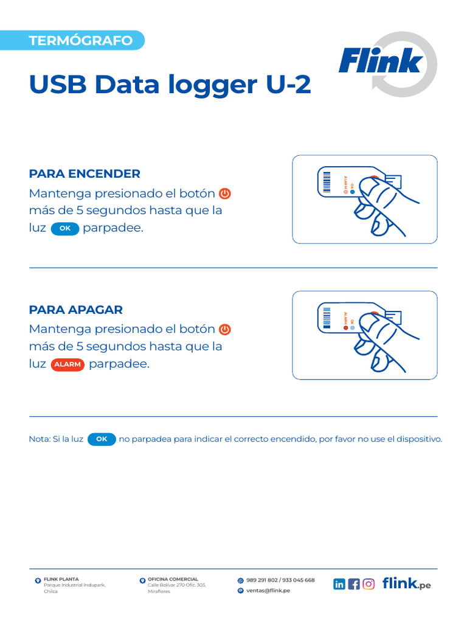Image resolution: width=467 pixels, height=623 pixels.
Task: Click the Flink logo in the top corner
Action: point(388,64)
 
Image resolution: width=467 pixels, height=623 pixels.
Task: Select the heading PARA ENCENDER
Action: point(85,173)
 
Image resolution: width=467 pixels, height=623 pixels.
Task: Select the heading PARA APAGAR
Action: point(76,310)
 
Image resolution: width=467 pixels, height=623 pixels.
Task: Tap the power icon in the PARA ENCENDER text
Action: point(225,194)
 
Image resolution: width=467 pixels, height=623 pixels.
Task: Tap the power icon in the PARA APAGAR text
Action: point(225,329)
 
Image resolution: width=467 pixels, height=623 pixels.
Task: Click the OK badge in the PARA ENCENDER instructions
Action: point(65,229)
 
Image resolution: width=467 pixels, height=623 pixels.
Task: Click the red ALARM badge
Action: point(67,364)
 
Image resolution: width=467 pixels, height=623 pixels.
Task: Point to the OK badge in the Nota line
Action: point(102,439)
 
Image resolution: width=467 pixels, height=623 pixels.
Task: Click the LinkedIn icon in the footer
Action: point(339,584)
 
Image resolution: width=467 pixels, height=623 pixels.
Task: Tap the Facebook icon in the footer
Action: point(354,584)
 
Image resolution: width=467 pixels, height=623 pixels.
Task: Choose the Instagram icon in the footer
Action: point(368,584)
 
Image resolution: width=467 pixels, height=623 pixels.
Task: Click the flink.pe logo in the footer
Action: point(407,583)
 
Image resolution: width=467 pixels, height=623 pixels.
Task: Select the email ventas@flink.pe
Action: point(268,590)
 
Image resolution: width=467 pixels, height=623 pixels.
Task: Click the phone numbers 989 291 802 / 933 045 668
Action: point(280,580)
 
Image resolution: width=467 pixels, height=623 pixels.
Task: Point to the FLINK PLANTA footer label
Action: point(61,579)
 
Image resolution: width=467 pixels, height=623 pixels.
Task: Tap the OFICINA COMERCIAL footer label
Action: point(173,579)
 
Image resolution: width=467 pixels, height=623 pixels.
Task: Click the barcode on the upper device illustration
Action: point(327,182)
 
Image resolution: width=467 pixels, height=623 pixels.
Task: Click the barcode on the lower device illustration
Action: point(327,318)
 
